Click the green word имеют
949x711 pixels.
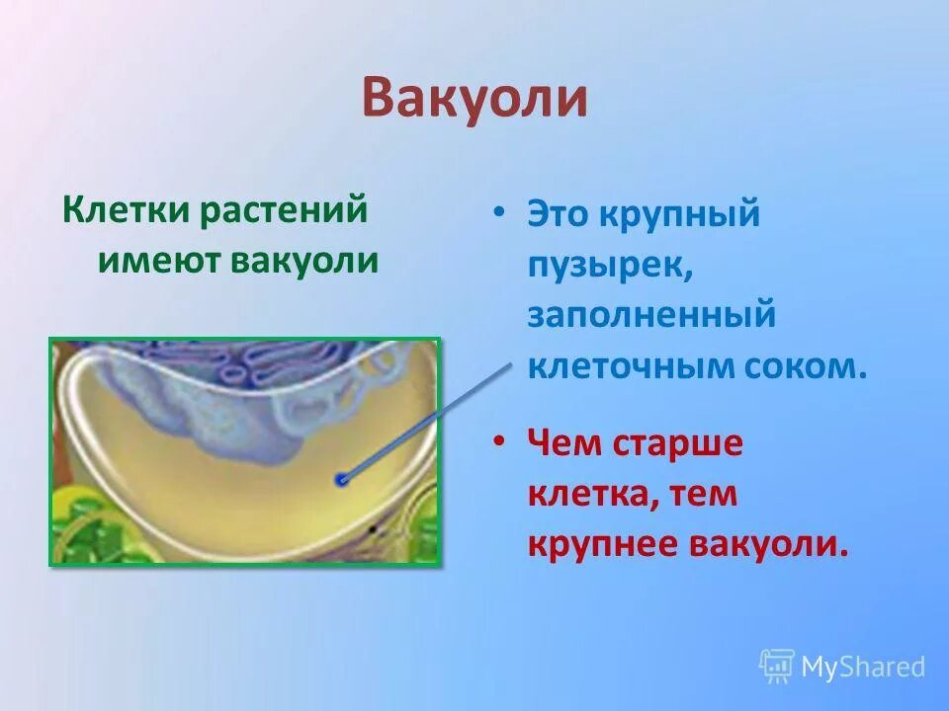click(x=159, y=260)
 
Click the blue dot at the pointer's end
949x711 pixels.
click(x=341, y=480)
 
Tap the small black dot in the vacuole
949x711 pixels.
click(x=372, y=529)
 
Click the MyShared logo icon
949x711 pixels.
click(x=777, y=667)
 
